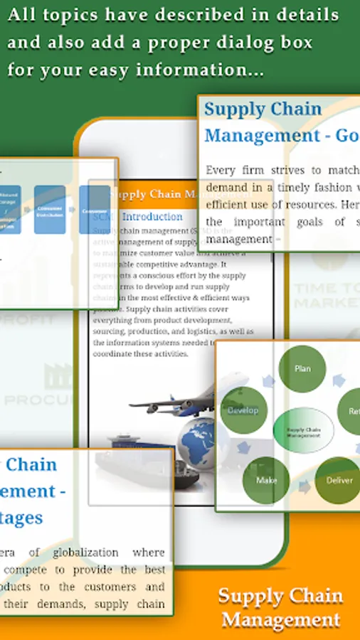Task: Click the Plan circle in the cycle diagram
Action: click(302, 369)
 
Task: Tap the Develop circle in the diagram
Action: click(243, 411)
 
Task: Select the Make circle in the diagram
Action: click(266, 480)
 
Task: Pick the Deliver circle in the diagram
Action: click(339, 480)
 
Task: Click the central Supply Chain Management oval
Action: click(303, 431)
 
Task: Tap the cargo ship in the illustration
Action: click(142, 462)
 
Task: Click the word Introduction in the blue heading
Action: click(152, 216)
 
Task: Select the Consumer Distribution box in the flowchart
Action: click(50, 209)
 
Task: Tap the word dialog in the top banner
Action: click(232, 43)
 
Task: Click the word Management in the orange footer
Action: click(280, 619)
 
